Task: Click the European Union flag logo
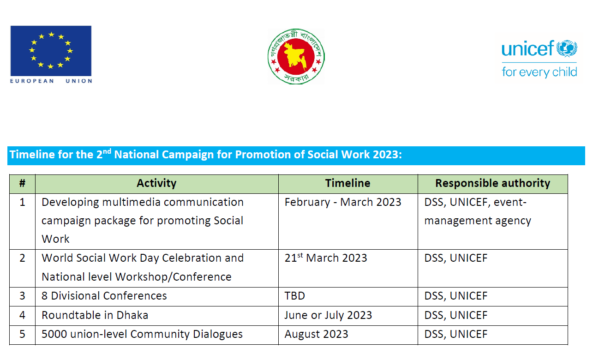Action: tap(51, 50)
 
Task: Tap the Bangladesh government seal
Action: tap(296, 57)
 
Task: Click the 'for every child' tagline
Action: tap(539, 72)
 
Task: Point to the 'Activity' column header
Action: tap(156, 183)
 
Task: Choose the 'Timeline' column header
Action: tap(347, 183)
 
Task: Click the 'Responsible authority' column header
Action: tap(492, 183)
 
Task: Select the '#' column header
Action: tap(22, 183)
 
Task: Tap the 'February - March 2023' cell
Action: tap(343, 202)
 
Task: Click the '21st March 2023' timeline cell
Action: tap(326, 258)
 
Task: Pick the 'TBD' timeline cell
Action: tap(295, 296)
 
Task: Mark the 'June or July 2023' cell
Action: tap(328, 315)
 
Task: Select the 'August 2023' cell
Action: tap(316, 334)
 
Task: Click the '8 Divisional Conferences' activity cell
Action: tap(104, 296)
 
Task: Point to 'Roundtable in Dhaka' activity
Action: tap(95, 315)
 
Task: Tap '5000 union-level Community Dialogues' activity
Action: tap(142, 334)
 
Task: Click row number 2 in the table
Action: tap(22, 258)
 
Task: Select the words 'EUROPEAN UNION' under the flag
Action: tap(51, 81)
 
